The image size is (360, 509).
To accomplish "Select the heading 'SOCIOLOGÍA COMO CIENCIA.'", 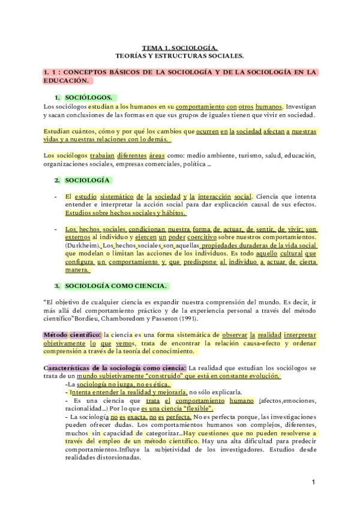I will [x=117, y=286].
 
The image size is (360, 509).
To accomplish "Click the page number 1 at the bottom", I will [x=313, y=482].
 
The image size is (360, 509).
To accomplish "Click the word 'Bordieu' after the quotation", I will [x=83, y=319].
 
